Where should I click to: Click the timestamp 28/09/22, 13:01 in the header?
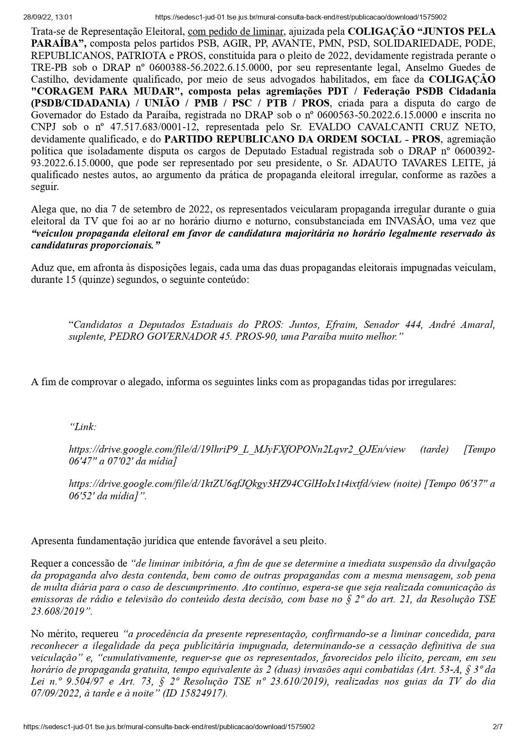48,17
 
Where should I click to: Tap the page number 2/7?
498,726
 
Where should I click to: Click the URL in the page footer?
169,726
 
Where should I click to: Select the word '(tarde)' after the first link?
434,449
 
